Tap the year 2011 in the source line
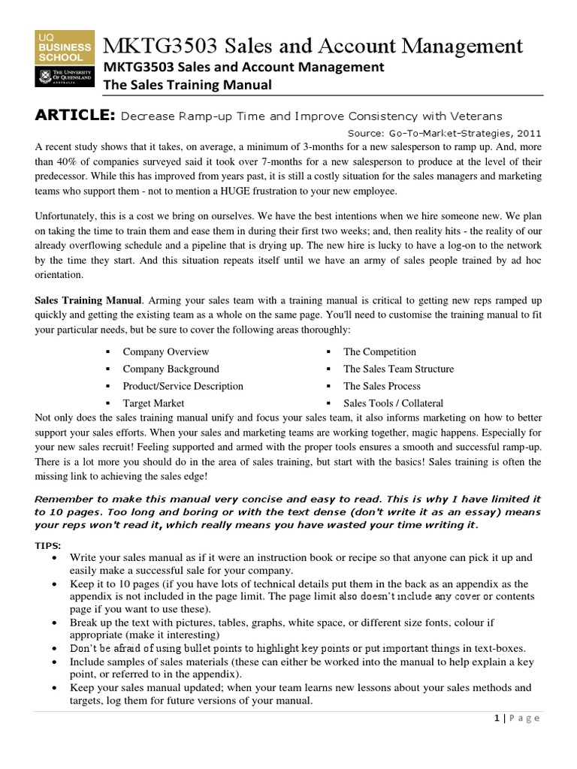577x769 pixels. (x=527, y=132)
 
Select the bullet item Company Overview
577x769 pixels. (x=165, y=351)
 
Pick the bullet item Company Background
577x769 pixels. (x=171, y=369)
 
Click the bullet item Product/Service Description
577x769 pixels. (x=183, y=386)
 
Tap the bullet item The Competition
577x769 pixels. (x=379, y=351)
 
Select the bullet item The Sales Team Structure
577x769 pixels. (x=398, y=369)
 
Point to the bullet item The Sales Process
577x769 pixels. (x=382, y=386)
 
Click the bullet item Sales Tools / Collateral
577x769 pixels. (x=393, y=403)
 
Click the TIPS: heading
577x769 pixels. (x=49, y=544)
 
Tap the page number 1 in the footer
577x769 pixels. (x=497, y=718)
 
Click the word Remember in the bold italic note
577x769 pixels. (x=64, y=499)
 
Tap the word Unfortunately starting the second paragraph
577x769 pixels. (x=70, y=216)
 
